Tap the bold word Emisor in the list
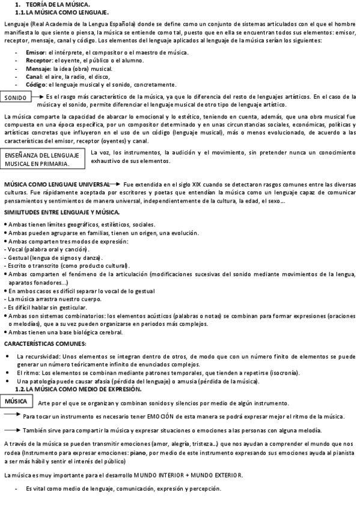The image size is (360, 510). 35,53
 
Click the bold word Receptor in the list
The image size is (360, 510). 39,61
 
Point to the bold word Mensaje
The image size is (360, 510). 38,69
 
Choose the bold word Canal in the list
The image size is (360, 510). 34,76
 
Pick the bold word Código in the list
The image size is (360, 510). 36,84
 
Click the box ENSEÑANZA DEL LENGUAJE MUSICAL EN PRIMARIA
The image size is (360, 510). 42,159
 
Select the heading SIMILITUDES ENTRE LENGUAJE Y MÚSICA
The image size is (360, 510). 62,213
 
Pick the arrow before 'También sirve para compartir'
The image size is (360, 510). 12,429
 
